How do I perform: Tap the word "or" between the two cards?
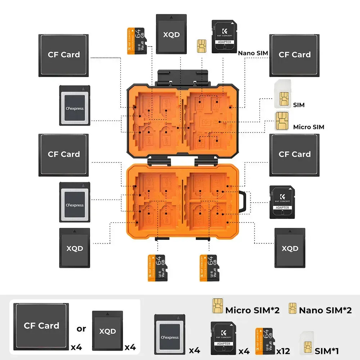pyautogui.click(x=81, y=328)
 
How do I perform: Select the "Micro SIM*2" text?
pyautogui.click(x=252, y=310)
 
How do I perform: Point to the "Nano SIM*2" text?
pyautogui.click(x=325, y=310)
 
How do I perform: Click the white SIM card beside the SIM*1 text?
pyautogui.click(x=306, y=342)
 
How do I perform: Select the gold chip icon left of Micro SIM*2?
pyautogui.click(x=217, y=306)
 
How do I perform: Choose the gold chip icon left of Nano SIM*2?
pyautogui.click(x=292, y=308)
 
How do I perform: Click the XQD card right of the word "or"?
pyautogui.click(x=108, y=330)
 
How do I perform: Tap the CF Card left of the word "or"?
pyautogui.click(x=41, y=325)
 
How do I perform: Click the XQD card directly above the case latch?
pyautogui.click(x=171, y=34)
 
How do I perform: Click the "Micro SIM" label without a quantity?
pyautogui.click(x=309, y=127)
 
